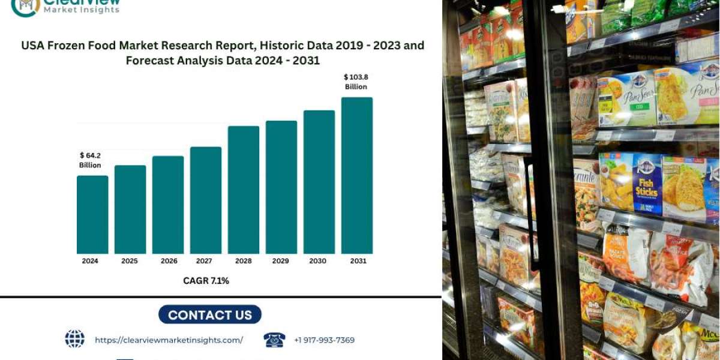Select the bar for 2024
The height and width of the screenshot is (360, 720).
[92, 214]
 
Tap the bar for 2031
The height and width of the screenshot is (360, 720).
[357, 175]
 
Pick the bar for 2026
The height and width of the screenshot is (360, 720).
[168, 205]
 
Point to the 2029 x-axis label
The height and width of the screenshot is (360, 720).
[281, 261]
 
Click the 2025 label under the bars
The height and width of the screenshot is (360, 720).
[130, 261]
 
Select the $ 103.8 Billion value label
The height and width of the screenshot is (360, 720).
[356, 82]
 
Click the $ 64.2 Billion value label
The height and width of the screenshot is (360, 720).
[90, 160]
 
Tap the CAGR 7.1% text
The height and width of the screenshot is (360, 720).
[206, 280]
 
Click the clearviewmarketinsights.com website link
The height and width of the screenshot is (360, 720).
[169, 340]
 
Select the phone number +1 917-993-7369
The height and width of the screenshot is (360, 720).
[324, 340]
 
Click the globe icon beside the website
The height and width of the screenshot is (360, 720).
[74, 339]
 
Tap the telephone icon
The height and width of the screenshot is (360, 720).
[274, 340]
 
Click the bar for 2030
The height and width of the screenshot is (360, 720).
[319, 182]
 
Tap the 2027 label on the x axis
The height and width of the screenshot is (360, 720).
[205, 261]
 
